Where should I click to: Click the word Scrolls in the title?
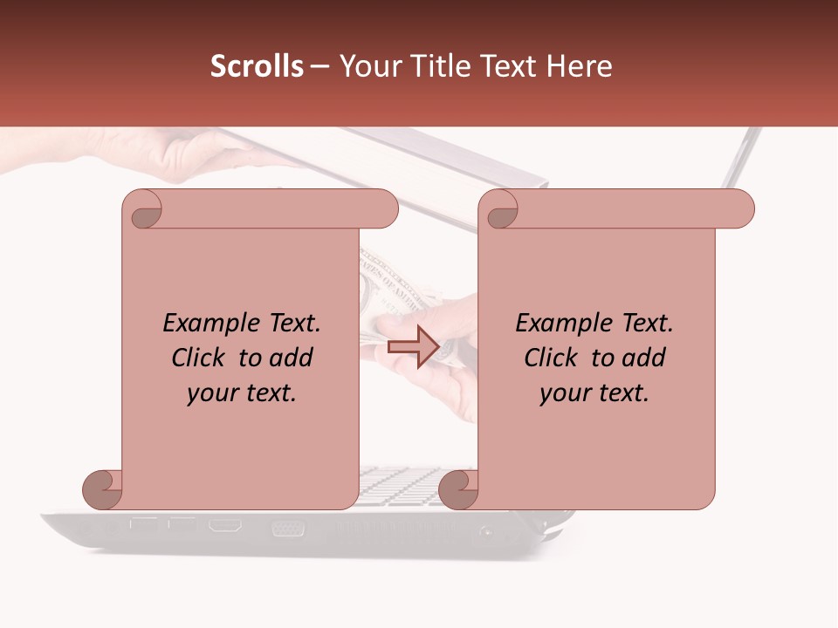(257, 66)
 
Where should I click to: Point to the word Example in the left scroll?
(203, 324)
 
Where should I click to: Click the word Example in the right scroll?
(556, 324)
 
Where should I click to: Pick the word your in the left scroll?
(209, 394)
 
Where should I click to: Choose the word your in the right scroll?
(562, 394)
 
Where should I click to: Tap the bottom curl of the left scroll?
(102, 490)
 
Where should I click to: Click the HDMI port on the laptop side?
(224, 526)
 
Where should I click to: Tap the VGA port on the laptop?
(287, 528)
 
